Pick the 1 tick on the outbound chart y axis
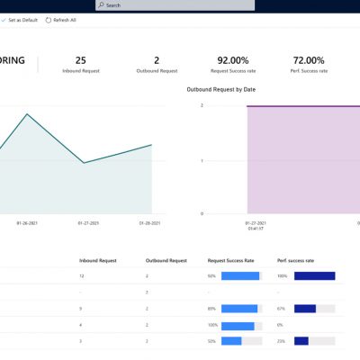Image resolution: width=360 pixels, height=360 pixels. pyautogui.click(x=202, y=161)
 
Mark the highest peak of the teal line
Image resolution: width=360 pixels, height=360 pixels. pyautogui.click(x=27, y=114)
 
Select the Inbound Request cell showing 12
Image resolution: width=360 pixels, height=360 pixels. pyautogui.click(x=82, y=276)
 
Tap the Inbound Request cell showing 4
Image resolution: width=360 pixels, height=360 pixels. pyautogui.click(x=81, y=325)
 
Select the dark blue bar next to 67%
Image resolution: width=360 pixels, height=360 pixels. pyautogui.click(x=305, y=309)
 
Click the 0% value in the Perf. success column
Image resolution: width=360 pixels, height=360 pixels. pyautogui.click(x=281, y=325)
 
